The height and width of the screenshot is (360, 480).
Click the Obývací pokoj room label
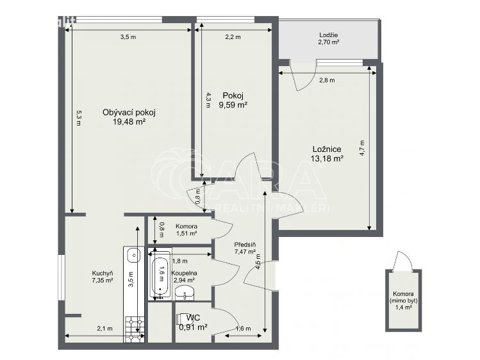[x=129, y=112]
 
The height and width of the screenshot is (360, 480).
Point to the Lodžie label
[x=329, y=35]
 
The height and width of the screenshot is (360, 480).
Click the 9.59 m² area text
[x=233, y=106]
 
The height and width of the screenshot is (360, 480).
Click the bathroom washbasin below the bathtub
[x=186, y=295]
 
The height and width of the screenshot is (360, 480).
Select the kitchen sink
[x=133, y=255]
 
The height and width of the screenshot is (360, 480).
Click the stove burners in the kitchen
[x=134, y=327]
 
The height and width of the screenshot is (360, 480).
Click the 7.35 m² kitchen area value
[x=103, y=281]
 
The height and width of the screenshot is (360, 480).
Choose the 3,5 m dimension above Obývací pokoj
[x=128, y=37]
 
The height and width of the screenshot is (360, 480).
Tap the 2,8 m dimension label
[x=327, y=81]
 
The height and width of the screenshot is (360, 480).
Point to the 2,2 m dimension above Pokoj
[x=233, y=37]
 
